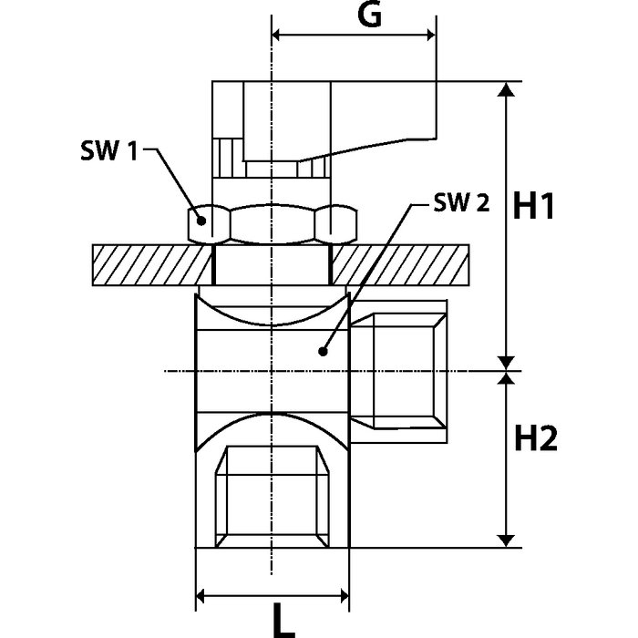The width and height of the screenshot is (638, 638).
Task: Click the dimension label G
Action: [365, 15]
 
